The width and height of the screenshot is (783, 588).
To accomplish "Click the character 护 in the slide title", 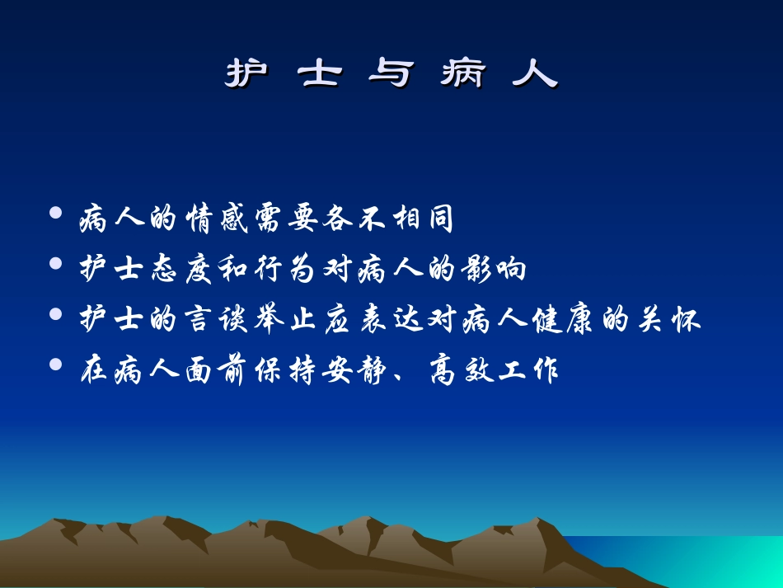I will pos(246,74).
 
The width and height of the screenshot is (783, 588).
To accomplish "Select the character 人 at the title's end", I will pos(535,74).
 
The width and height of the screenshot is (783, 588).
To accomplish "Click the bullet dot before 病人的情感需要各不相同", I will pos(56,214).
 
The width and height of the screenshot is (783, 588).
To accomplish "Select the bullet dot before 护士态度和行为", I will pos(56,265).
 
